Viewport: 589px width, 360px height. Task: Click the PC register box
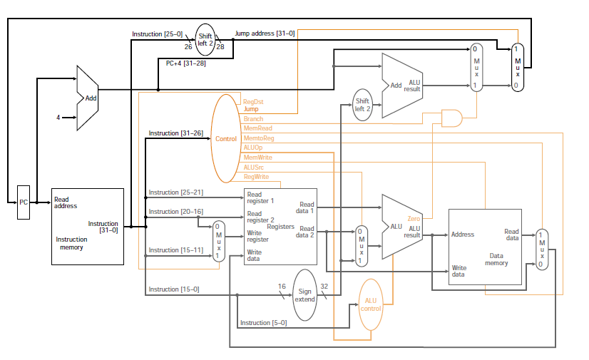[x=24, y=202]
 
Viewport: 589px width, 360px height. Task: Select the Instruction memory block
[x=88, y=226]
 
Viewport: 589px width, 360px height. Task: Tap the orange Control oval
[x=225, y=138]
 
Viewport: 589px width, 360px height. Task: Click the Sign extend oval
[x=304, y=294]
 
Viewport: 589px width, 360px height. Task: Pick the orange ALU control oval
[x=371, y=304]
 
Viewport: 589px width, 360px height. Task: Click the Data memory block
[x=484, y=247]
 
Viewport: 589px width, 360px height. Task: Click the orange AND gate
[x=451, y=118]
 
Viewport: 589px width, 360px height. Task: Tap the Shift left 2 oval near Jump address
[x=205, y=40]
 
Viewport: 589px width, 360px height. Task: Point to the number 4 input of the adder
[x=58, y=117]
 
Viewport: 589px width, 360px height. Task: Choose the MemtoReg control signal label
[x=259, y=138]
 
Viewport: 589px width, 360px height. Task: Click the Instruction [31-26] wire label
[x=175, y=133]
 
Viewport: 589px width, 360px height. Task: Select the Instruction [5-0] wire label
[x=263, y=323]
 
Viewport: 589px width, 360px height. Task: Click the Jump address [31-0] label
[x=265, y=34]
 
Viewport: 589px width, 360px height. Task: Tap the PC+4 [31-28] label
[x=185, y=63]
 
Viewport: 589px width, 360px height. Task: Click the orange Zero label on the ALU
[x=414, y=218]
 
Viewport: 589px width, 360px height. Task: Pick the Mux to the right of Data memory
[x=542, y=250]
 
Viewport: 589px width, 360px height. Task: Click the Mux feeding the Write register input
[x=219, y=242]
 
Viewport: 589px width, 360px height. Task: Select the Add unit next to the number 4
[x=88, y=98]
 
